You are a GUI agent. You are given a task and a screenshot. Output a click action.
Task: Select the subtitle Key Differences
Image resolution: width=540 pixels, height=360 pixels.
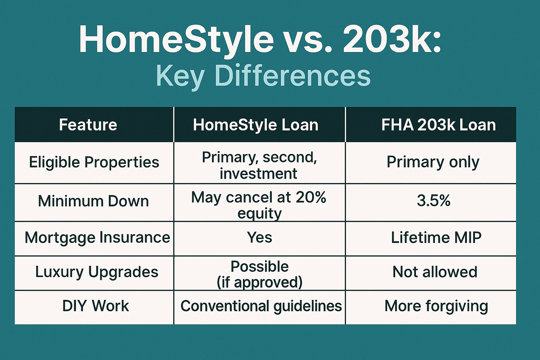coord(263,76)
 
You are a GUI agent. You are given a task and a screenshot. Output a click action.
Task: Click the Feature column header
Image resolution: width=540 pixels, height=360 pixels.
coord(88,125)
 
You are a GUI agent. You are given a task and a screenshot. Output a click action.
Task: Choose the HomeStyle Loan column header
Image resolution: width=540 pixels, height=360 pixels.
coord(256,125)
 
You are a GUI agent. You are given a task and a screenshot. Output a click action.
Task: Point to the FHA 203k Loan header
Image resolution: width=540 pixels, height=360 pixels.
coord(438,125)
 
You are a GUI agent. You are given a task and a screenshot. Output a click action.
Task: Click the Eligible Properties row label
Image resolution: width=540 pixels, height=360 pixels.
coord(94,162)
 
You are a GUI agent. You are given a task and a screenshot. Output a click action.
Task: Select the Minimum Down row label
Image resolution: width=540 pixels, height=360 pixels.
coord(93,201)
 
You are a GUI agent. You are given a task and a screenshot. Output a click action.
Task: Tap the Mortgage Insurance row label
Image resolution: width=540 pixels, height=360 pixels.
coord(97,238)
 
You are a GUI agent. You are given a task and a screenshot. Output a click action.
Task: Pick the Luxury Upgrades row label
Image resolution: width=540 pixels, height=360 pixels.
coord(97,272)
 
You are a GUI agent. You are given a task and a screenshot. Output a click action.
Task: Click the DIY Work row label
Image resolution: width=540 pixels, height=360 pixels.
coord(96,306)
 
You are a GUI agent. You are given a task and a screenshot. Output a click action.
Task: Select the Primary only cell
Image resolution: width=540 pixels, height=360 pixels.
coord(433,162)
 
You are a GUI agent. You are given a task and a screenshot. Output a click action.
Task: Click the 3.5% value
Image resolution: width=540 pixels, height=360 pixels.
coord(433,201)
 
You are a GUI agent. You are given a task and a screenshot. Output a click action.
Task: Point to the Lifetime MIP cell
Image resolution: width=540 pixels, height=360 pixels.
coord(436,238)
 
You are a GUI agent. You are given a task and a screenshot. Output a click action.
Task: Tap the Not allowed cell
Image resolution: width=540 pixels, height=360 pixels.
coord(435,272)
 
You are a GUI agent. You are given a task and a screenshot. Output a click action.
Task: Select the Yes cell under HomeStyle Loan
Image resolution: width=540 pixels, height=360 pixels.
coord(259,238)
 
